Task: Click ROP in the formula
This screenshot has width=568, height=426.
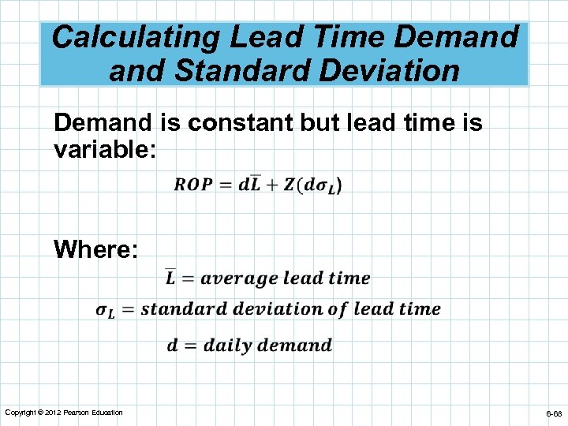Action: click(193, 185)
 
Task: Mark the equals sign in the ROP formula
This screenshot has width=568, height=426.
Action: click(225, 185)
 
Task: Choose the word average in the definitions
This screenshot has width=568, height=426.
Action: click(239, 278)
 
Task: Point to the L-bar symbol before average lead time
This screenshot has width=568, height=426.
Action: click(170, 278)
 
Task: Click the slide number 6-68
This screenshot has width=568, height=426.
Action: click(552, 413)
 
